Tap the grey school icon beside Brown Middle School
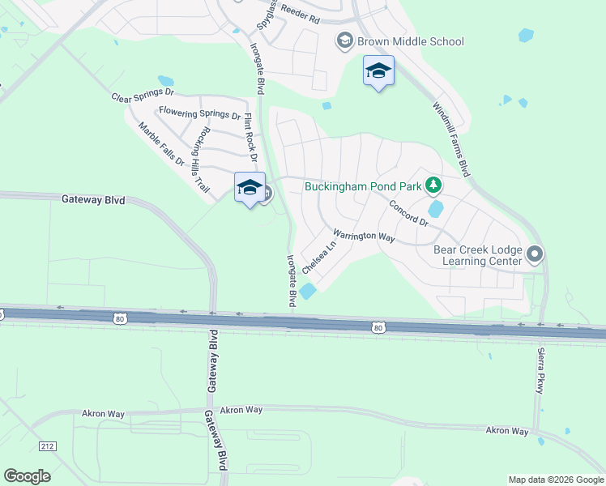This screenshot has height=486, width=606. (x=344, y=41)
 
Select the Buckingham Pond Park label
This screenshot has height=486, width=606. (x=363, y=186)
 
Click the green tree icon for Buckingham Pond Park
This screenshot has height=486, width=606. (x=433, y=185)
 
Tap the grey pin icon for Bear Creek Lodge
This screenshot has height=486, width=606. (x=534, y=255)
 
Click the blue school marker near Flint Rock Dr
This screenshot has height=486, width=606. (x=250, y=188)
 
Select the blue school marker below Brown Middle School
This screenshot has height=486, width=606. (x=378, y=71)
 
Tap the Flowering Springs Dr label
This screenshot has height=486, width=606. (x=199, y=114)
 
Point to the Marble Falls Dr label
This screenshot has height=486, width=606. (x=162, y=144)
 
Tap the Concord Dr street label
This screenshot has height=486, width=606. (x=408, y=213)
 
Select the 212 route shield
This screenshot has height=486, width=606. (x=48, y=446)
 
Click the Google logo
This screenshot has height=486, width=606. (x=27, y=476)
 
